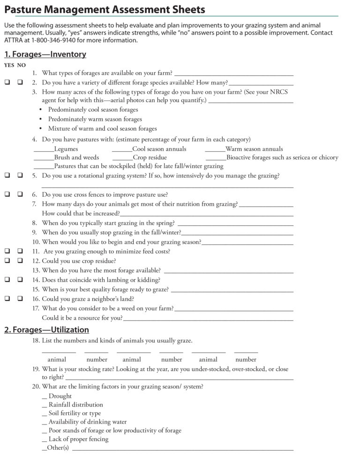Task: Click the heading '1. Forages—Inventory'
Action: coord(45,54)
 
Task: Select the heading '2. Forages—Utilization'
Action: coord(46,330)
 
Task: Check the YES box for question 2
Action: coord(7,82)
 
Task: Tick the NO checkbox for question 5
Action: coord(20,176)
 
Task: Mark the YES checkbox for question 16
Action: coord(7,298)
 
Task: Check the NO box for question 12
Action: coord(20,261)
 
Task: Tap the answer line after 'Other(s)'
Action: coord(183,449)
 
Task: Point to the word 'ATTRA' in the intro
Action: coord(15,40)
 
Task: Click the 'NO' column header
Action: coord(22,65)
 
